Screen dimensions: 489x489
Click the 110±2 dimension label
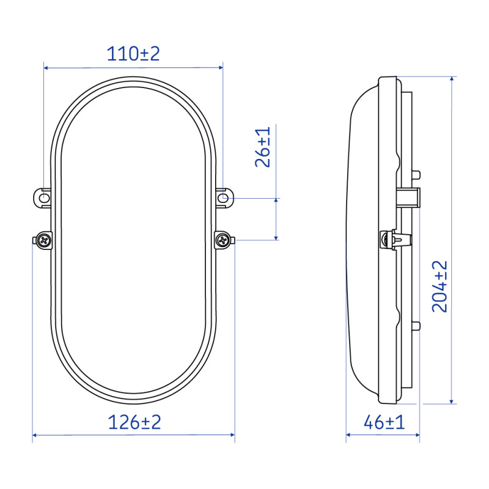pyautogui.click(x=133, y=54)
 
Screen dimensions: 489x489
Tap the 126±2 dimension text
pyautogui.click(x=134, y=422)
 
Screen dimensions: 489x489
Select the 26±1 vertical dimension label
pyautogui.click(x=263, y=148)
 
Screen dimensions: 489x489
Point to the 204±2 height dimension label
pyautogui.click(x=440, y=286)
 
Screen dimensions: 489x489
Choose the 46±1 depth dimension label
pyautogui.click(x=384, y=422)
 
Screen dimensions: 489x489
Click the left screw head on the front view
pyautogui.click(x=44, y=240)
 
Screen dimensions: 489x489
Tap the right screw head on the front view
pyautogui.click(x=224, y=240)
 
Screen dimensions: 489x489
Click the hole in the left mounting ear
pyautogui.click(x=43, y=198)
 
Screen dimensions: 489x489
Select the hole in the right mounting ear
pyautogui.click(x=224, y=198)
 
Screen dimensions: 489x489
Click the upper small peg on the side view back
pyautogui.click(x=417, y=174)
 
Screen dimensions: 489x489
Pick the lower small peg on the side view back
pyautogui.click(x=417, y=325)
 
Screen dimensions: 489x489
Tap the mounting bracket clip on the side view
pyautogui.click(x=411, y=197)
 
